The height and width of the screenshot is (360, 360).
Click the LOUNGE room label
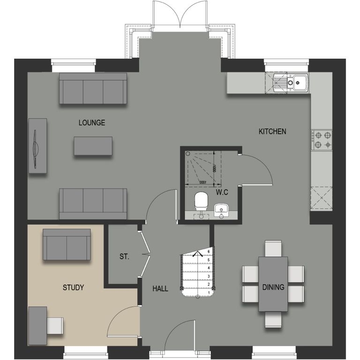92,123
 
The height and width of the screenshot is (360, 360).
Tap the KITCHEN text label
272,132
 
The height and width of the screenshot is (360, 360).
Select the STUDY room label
73,287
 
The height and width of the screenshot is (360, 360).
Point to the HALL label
160,289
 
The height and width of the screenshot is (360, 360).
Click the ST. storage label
124,257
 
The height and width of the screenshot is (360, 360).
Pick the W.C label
222,192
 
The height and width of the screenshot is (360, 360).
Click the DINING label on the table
273,287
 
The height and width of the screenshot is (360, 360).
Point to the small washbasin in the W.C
221,209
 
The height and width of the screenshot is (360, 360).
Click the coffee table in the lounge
93,146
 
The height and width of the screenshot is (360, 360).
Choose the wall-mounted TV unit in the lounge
37,146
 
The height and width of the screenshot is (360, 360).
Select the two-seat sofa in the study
67,245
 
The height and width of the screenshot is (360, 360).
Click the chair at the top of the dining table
273,248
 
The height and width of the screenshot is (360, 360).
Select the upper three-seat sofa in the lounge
93,89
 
